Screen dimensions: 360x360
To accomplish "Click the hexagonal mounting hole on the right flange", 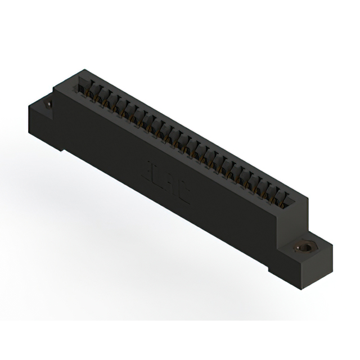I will point(305,246).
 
